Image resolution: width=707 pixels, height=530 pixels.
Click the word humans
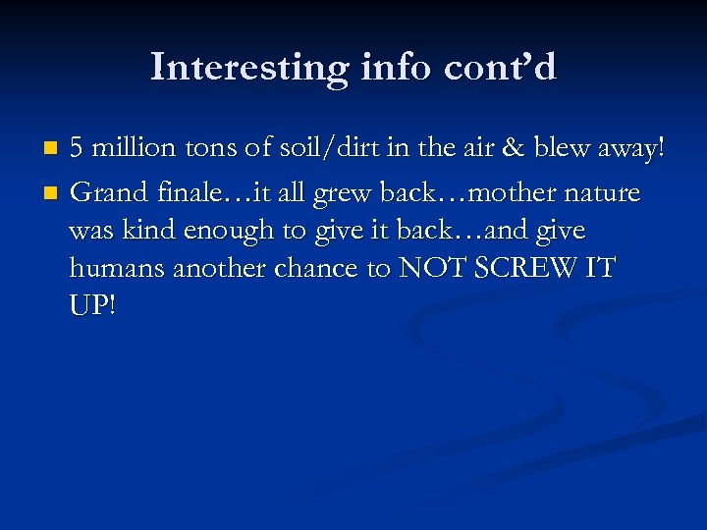point(118,268)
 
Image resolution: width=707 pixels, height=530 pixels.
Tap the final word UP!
point(92,307)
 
